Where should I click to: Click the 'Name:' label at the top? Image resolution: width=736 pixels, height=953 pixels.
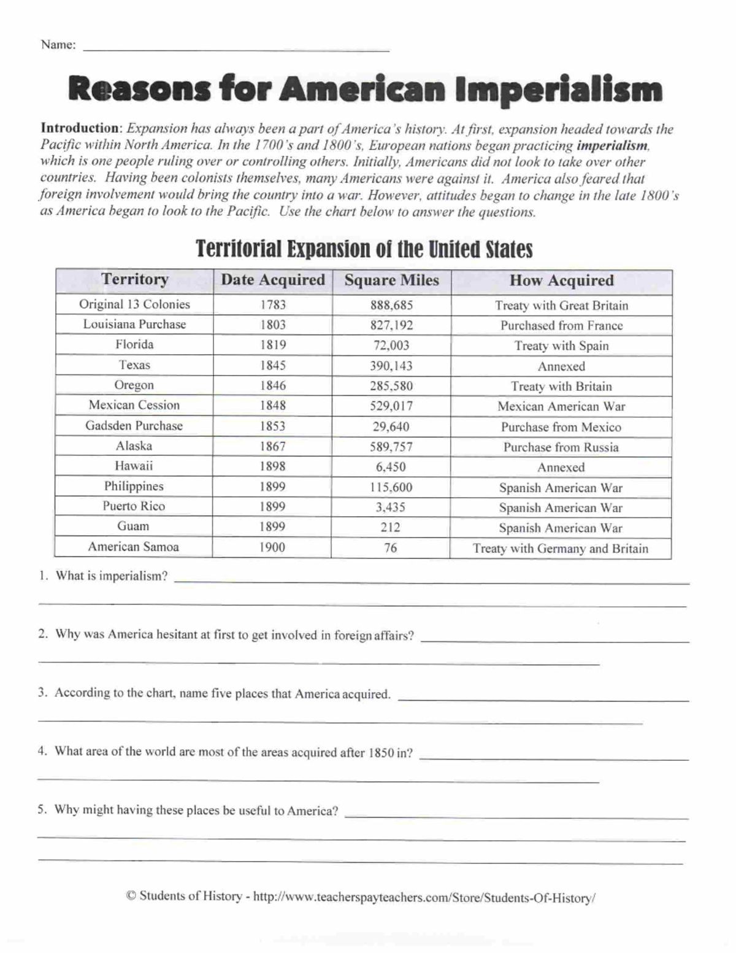58,45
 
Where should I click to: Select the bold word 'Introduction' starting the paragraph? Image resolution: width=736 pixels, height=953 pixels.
79,128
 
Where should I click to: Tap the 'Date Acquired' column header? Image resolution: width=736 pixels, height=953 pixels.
273,280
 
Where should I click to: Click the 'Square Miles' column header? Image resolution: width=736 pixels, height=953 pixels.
391,280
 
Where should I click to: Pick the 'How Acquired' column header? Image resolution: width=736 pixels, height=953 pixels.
561,280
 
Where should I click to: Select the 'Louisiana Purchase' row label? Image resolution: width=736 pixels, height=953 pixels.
134,324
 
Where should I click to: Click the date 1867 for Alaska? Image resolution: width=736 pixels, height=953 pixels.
272,446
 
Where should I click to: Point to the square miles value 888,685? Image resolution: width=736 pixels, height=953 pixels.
391,305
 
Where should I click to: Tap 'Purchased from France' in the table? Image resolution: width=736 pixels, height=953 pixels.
561,325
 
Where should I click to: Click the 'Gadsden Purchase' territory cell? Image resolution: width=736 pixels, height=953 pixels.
134,425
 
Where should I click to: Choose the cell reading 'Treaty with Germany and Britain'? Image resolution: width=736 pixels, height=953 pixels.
560,548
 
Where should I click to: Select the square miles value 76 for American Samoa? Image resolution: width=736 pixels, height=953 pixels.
391,547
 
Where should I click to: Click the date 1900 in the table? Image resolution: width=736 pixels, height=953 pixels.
272,547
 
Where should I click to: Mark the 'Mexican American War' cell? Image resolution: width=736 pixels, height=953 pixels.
561,406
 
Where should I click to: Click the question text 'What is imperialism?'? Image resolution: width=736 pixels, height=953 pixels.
111,576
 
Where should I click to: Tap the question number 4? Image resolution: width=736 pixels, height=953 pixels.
41,750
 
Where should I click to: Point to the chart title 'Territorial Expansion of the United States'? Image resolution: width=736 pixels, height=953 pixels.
364,249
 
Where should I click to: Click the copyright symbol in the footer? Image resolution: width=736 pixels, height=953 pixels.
131,896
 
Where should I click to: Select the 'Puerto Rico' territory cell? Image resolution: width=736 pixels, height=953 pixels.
133,506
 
